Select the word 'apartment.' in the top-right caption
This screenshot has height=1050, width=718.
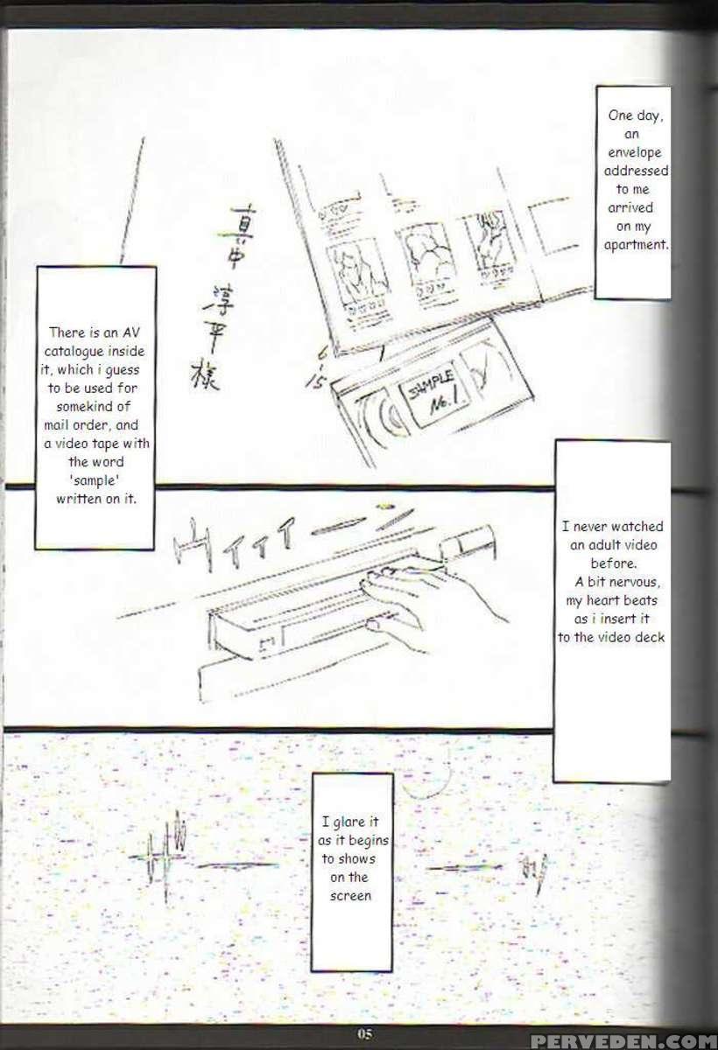point(637,245)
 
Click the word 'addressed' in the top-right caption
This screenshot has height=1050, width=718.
point(636,171)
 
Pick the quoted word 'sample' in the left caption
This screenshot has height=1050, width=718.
point(95,480)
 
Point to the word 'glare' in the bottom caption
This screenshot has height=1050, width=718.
point(348,822)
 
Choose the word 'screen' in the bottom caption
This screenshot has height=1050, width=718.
point(350,896)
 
